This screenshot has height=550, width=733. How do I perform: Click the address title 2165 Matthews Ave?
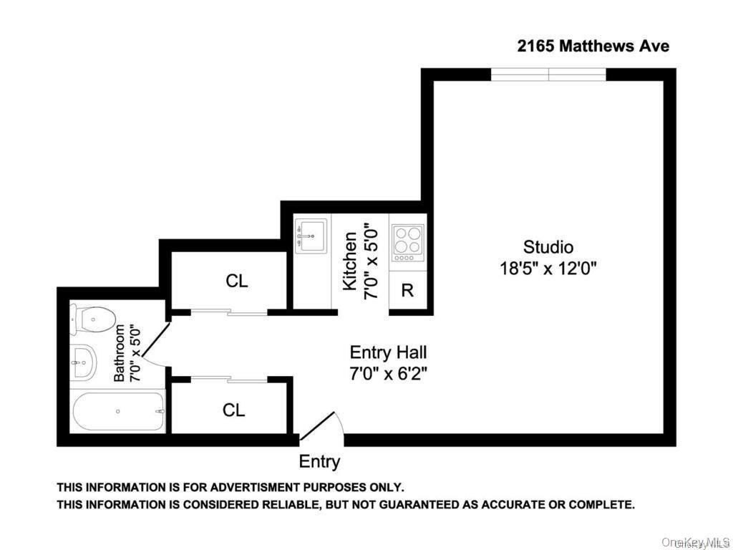tap(593, 47)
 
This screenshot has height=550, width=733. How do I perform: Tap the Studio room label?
tap(548, 248)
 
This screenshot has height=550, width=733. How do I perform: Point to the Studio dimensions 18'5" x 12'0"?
tap(548, 269)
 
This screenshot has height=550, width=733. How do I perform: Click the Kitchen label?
tap(350, 261)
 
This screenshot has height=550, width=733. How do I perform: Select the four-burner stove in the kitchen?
tap(407, 243)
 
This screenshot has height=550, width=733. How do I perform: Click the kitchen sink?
tap(311, 234)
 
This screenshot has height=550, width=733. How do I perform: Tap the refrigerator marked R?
tap(407, 290)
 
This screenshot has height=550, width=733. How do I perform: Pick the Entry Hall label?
tap(388, 352)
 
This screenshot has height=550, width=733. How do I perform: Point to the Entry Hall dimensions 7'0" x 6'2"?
tap(388, 373)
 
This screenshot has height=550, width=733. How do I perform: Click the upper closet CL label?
tap(237, 281)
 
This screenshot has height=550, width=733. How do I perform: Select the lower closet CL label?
tap(234, 410)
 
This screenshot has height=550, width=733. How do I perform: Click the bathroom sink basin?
tap(84, 362)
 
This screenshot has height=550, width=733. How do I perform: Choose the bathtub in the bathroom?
tap(118, 411)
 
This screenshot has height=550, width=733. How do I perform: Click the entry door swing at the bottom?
tap(323, 428)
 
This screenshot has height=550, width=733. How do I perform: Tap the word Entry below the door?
tap(319, 462)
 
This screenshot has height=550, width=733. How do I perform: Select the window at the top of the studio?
tap(548, 74)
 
